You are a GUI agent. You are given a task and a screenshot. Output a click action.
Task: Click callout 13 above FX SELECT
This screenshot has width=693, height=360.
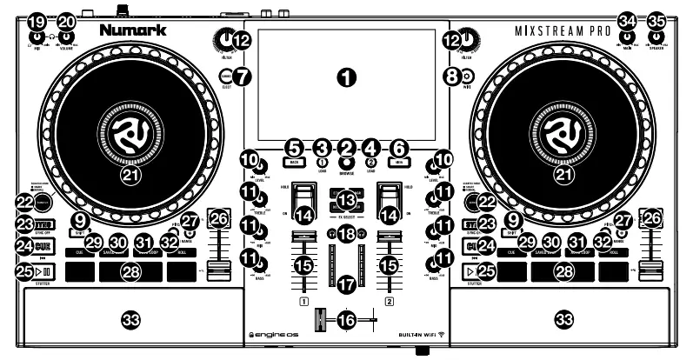coord(347,201)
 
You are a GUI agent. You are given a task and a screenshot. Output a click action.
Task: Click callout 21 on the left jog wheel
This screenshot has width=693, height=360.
coord(129,176)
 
